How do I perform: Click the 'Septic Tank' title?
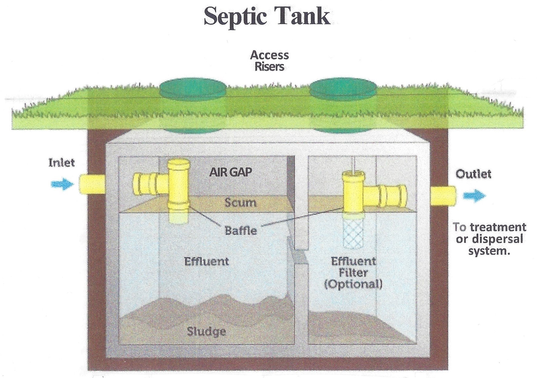tap(267, 16)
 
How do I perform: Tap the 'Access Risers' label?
tap(269, 61)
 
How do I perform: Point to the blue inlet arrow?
tap(63, 184)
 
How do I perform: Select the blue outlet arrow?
tap(474, 196)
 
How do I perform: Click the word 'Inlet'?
tap(62, 162)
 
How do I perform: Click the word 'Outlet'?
tap(473, 174)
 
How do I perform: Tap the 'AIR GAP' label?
tap(231, 172)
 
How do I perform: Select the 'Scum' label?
tap(240, 203)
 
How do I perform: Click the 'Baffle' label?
tap(241, 231)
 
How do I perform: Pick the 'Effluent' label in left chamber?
tap(206, 261)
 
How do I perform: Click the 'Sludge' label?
tap(206, 332)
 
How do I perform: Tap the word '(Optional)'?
tap(353, 284)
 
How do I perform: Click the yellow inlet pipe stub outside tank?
tap(92, 184)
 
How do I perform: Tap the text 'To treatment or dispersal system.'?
tap(489, 239)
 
